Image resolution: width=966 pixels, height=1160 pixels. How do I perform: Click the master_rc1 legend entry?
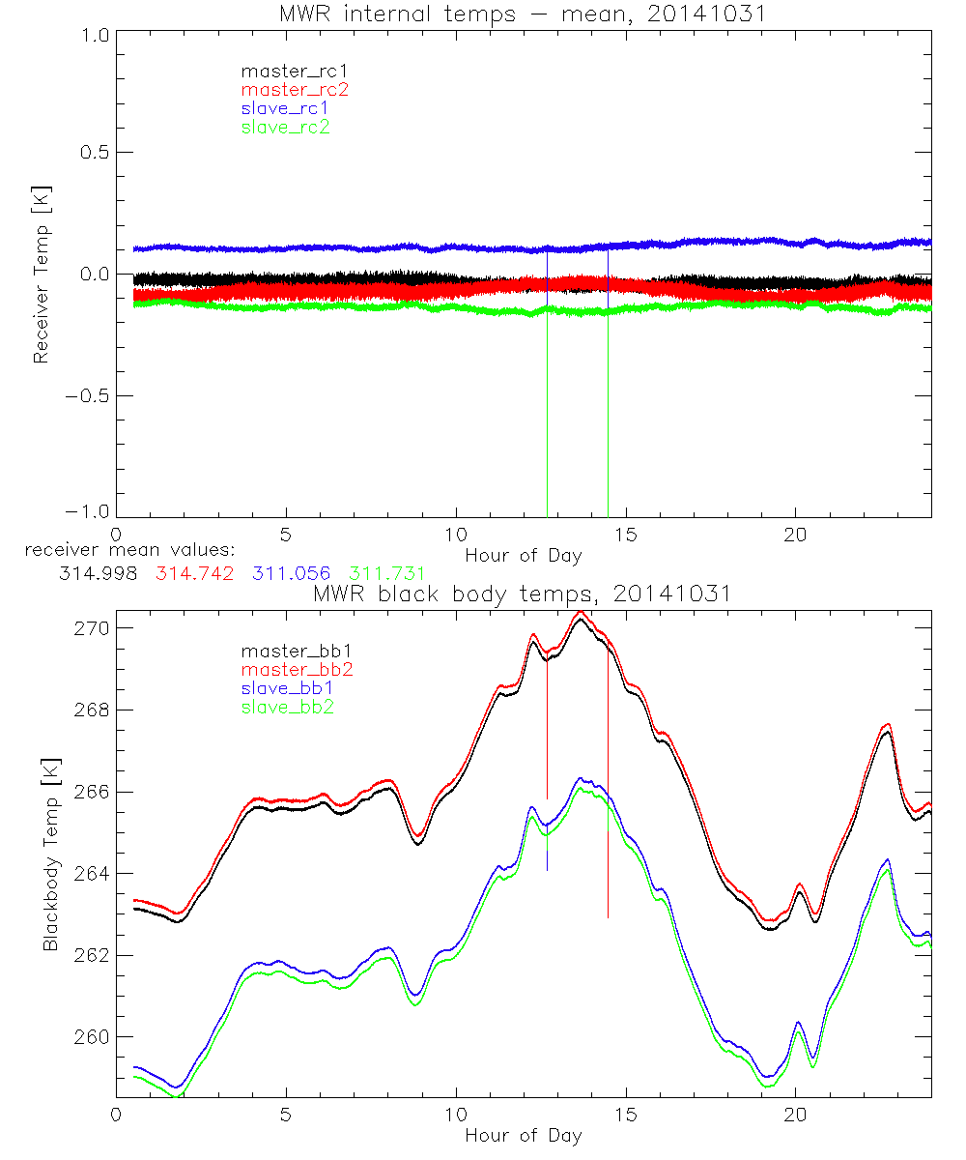click(287, 72)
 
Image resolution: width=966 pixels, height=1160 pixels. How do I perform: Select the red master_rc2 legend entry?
click(294, 90)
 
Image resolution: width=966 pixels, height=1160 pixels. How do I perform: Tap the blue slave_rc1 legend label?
click(285, 108)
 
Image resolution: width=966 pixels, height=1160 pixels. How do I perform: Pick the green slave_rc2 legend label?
click(285, 127)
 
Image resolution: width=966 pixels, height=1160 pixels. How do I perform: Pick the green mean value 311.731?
click(386, 573)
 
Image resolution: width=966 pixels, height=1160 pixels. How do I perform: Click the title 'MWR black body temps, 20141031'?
click(522, 594)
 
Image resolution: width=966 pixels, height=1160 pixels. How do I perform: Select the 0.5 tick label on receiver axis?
click(93, 153)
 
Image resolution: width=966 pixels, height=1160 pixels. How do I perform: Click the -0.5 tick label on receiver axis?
click(89, 396)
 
